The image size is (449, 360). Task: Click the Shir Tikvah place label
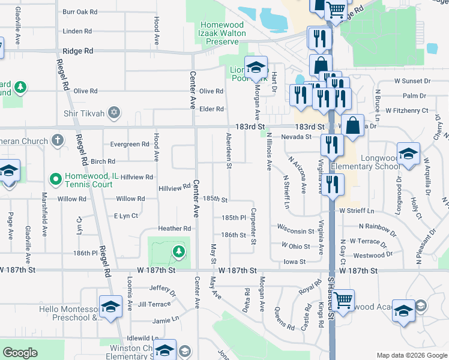click(x=84, y=113)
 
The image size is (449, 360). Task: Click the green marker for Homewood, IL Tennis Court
click(x=55, y=178)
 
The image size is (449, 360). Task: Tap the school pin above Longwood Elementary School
click(x=408, y=153)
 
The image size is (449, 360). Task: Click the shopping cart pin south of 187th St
click(x=342, y=299)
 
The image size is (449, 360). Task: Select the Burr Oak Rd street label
click(x=79, y=12)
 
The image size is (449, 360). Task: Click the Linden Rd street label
click(x=76, y=31)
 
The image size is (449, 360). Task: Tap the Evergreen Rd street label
click(x=130, y=144)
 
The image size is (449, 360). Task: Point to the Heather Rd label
click(x=174, y=229)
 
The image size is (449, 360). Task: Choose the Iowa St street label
click(x=295, y=262)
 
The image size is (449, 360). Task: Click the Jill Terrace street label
click(x=154, y=305)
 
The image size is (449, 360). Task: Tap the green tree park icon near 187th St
click(x=178, y=253)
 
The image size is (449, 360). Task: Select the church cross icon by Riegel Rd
click(x=58, y=141)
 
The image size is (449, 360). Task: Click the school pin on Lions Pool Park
click(x=256, y=68)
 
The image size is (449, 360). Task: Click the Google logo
click(x=20, y=353)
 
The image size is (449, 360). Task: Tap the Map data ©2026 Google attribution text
click(x=412, y=355)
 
